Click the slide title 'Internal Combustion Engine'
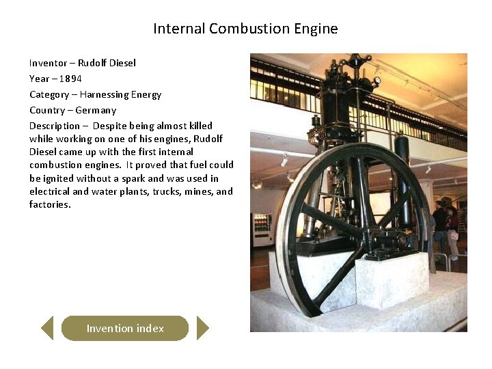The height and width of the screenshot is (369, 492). point(245,29)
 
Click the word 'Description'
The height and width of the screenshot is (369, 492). point(54,126)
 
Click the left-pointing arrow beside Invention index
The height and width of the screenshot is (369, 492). point(47,328)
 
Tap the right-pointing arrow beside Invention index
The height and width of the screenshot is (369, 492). point(202,328)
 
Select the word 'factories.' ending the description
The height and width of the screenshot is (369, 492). point(50,204)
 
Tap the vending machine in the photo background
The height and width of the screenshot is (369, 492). point(262,230)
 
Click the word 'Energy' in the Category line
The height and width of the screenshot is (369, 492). point(147,94)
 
